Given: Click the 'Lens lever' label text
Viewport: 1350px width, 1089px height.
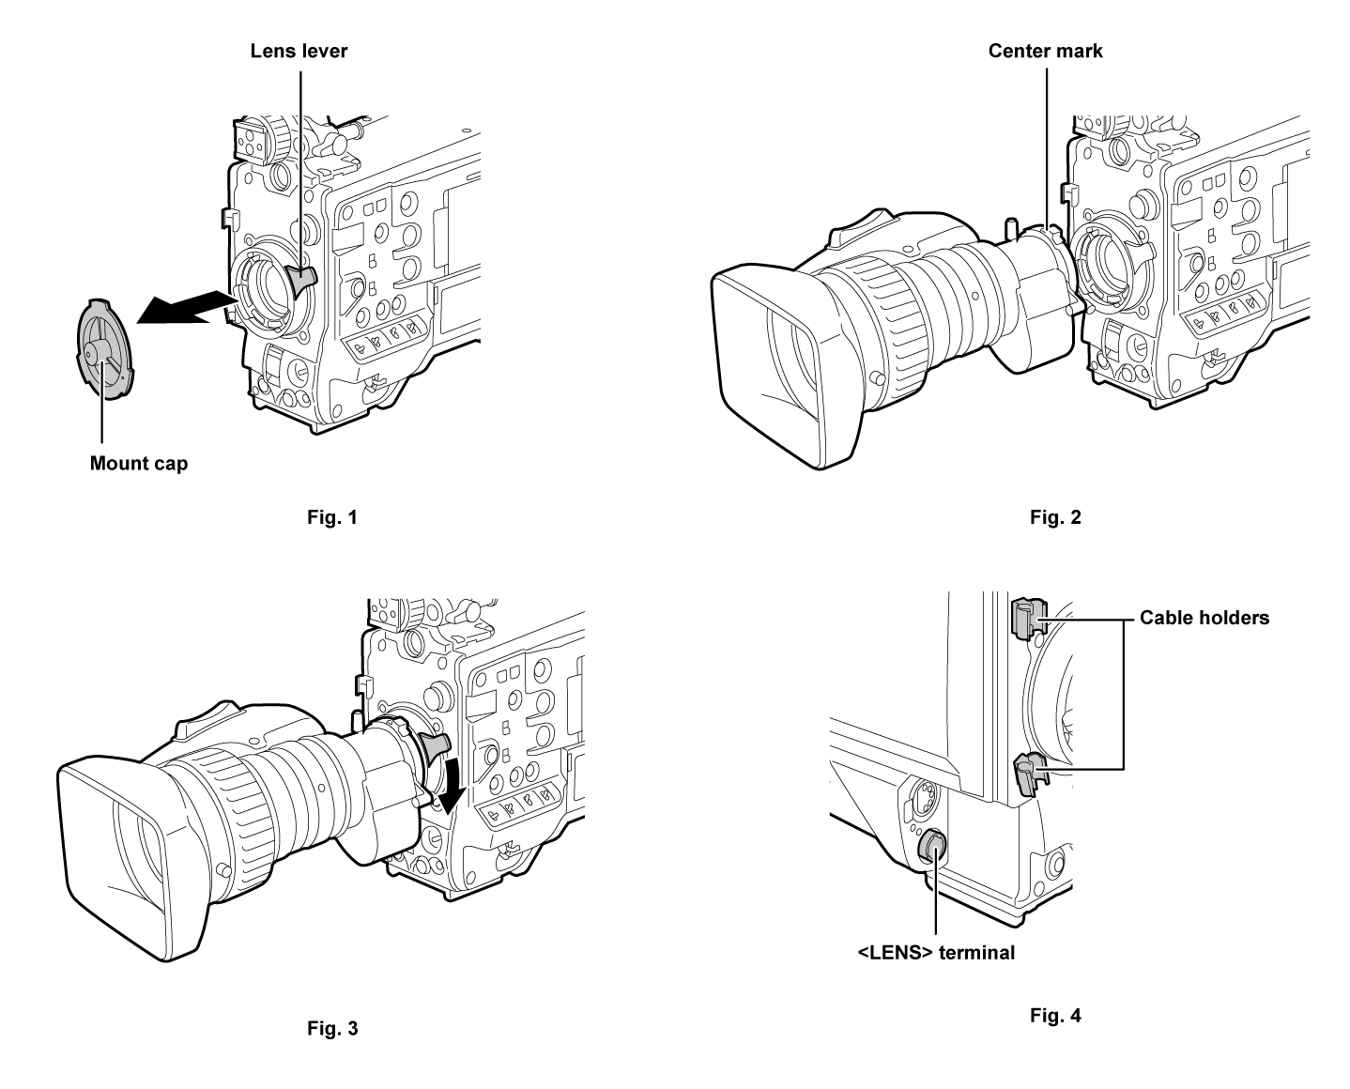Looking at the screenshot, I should [x=299, y=51].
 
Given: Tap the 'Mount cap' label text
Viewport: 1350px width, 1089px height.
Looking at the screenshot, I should [x=138, y=463].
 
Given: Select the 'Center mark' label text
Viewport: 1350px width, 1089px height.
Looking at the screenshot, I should [x=1045, y=51].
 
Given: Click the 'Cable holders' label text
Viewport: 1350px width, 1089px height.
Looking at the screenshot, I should [x=1204, y=617].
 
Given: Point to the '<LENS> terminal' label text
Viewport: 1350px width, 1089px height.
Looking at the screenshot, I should [x=936, y=952].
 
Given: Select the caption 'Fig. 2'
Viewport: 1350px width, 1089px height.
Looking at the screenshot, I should [x=1055, y=516].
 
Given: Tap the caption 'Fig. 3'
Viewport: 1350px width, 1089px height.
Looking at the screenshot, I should [x=332, y=1028].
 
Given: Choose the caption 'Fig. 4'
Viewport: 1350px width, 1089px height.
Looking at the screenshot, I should [x=1055, y=1015].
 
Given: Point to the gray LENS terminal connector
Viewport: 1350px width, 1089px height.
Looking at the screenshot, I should [x=931, y=847].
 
